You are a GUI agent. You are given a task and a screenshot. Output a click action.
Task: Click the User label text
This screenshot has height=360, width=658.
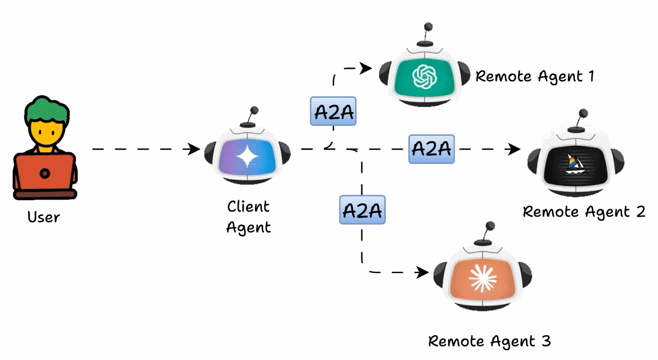(x=44, y=217)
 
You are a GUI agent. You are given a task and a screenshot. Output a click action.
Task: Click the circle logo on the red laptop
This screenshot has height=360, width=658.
(x=45, y=173)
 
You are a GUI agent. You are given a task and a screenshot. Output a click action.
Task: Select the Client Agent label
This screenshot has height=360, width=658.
(x=248, y=217)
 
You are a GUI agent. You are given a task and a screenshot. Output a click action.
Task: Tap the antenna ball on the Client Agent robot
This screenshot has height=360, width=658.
(x=253, y=111)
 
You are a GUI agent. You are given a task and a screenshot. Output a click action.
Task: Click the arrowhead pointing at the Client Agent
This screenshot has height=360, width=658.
(x=195, y=150)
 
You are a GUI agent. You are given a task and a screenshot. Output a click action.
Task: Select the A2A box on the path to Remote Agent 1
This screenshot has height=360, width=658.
(x=333, y=111)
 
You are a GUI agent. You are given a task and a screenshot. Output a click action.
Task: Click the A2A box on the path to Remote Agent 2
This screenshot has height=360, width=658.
(x=431, y=149)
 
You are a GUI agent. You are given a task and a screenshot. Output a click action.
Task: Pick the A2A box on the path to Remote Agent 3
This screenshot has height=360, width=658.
(x=362, y=210)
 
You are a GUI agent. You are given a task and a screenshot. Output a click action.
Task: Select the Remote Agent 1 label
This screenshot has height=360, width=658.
(x=535, y=77)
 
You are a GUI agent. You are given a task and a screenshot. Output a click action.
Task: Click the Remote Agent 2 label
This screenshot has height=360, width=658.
(x=583, y=211)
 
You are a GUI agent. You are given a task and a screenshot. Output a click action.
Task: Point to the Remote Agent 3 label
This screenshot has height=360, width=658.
(x=489, y=340)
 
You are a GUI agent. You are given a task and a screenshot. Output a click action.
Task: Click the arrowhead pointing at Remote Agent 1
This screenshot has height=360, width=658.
(x=367, y=67)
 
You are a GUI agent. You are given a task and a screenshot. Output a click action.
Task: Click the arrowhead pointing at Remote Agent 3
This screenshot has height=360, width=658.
(x=423, y=272)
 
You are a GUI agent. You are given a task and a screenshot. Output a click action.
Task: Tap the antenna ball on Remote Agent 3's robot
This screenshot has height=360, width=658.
(x=490, y=226)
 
